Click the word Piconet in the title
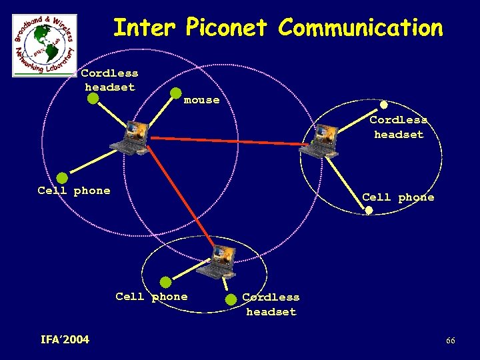click(x=227, y=28)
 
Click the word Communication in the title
click(x=361, y=28)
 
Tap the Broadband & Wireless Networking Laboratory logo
click(x=45, y=45)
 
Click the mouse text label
click(x=201, y=100)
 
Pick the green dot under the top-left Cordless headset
click(x=93, y=99)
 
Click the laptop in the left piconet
click(x=133, y=137)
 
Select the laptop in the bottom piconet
click(x=219, y=261)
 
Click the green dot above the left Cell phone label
click(x=62, y=178)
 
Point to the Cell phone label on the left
click(x=74, y=191)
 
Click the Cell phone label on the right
click(x=398, y=197)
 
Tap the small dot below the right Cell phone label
click(x=369, y=211)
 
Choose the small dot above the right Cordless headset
click(x=384, y=105)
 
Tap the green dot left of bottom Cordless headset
click(x=231, y=299)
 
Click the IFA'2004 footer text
click(x=65, y=340)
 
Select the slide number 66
click(x=451, y=341)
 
